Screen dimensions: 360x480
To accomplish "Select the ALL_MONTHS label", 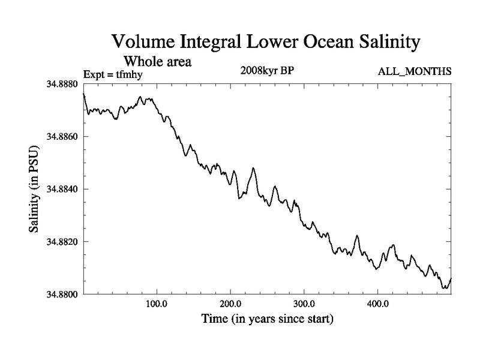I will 414,72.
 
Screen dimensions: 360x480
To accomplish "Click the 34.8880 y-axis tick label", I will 62,85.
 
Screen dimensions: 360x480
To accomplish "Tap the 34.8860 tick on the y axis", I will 62,137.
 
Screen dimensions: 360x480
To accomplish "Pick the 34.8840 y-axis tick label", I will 62,189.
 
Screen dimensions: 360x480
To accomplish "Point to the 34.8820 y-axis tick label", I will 62,242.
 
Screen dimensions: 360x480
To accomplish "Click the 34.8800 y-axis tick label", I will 62,294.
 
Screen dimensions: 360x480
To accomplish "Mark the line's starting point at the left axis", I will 83,94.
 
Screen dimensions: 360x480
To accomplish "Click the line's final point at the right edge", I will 451,279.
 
